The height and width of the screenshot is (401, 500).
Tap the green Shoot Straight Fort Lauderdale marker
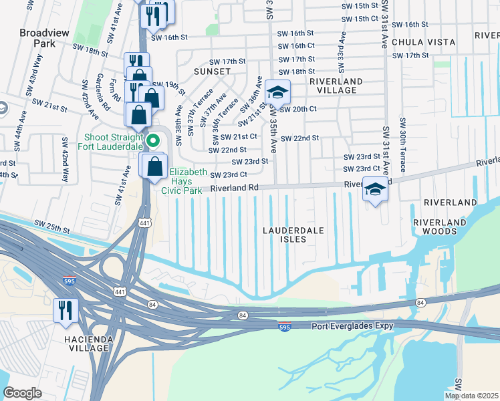click(x=153, y=140)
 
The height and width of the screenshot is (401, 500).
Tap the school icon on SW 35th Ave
click(x=277, y=92)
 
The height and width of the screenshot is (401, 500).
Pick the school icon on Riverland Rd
click(x=375, y=189)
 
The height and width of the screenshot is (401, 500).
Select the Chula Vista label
click(x=423, y=41)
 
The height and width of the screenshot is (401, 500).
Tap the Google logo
click(x=23, y=393)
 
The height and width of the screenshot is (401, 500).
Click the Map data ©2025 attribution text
click(x=471, y=396)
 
